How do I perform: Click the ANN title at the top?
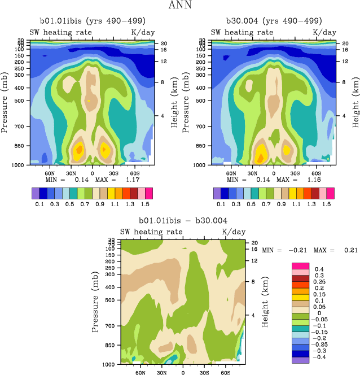click(x=179, y=6)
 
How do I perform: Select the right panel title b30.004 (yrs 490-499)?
click(x=271, y=22)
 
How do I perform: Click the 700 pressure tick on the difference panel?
click(x=110, y=326)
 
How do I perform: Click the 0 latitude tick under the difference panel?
click(x=183, y=373)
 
